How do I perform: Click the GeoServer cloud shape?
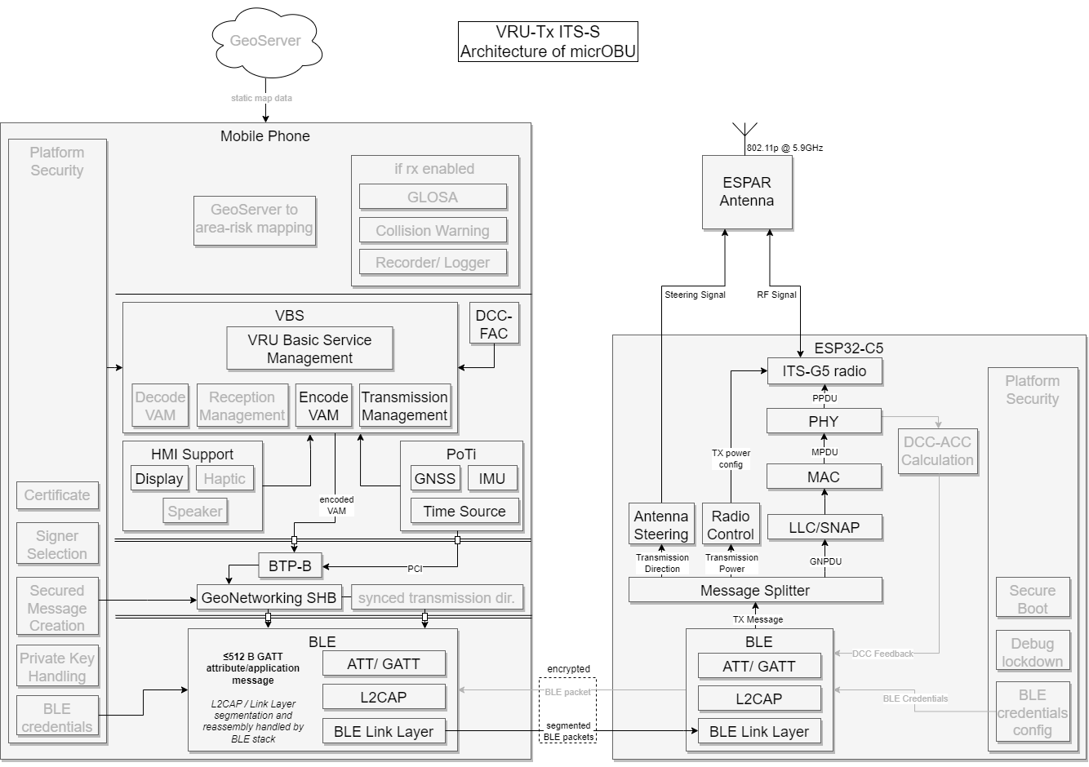coord(266,42)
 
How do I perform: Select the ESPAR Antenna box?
coord(747,192)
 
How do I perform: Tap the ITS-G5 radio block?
coord(824,371)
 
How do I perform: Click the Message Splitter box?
coord(755,590)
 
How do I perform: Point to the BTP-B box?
coord(290,565)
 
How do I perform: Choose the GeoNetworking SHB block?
coord(269,597)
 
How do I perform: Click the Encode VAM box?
coord(323,406)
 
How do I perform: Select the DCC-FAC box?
coord(494,324)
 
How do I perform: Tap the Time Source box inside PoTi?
coord(464,511)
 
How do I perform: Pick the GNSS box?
coord(435,478)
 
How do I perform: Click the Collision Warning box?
coord(433,230)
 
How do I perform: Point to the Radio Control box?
coord(730,525)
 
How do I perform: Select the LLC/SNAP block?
coord(825,527)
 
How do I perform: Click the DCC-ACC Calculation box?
coord(937,451)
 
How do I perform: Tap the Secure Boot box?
coord(1033,599)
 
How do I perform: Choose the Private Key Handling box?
coord(57,667)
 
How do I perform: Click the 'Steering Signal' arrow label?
coord(695,295)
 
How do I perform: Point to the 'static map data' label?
coord(261,98)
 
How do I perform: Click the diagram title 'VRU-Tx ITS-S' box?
coord(548,42)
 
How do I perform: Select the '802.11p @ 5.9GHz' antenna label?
coord(785,148)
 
